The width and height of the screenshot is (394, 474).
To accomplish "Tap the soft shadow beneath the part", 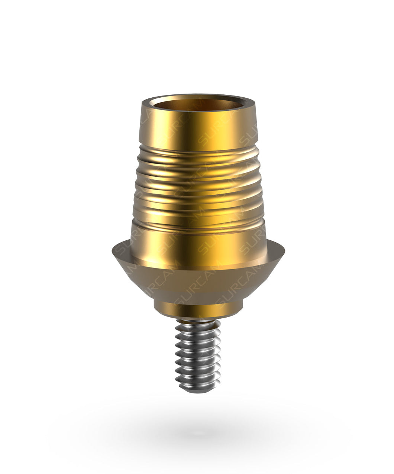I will (x=199, y=431).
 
